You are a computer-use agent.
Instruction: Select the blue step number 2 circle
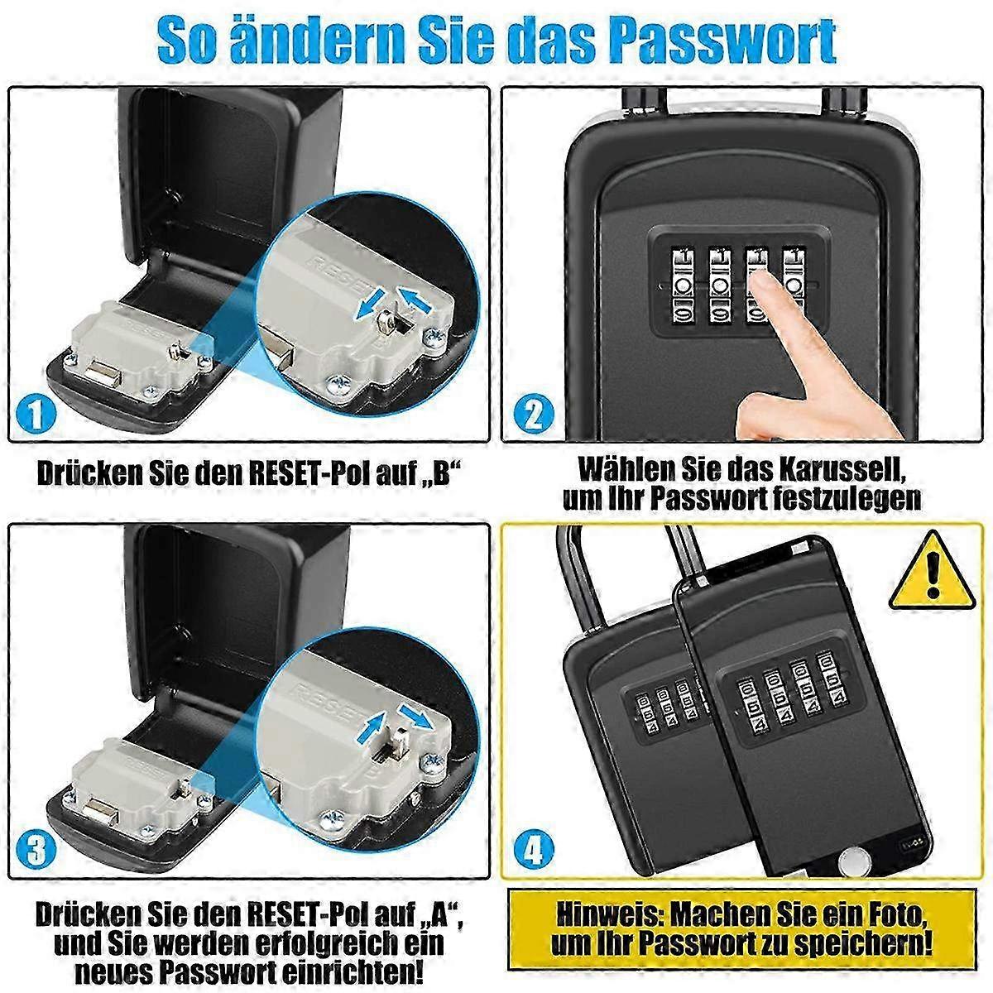(x=534, y=415)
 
